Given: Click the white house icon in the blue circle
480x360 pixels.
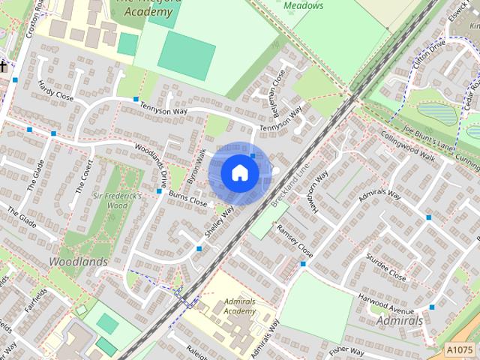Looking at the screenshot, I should point(239,172).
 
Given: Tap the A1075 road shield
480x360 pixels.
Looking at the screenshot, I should point(459,349).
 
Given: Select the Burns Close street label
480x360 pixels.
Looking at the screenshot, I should point(187,198).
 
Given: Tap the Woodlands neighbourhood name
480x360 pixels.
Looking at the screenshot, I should point(78,262).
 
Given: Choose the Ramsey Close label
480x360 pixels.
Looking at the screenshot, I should point(294,240).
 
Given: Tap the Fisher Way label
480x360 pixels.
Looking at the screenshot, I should point(346,349).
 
